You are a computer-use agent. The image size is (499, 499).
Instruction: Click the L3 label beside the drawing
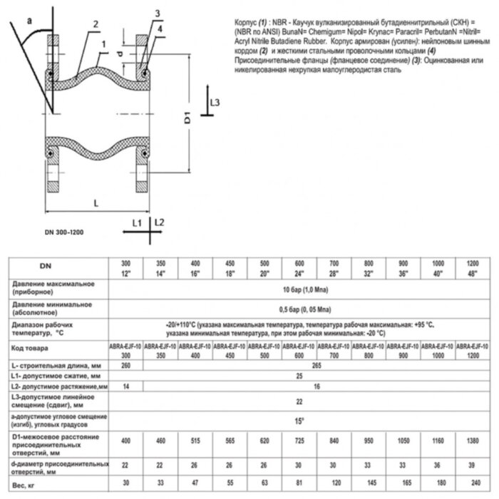pyautogui.click(x=216, y=104)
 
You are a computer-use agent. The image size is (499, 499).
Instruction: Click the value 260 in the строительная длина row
pyautogui.click(x=126, y=365)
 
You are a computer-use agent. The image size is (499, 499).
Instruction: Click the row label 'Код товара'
pyautogui.click(x=31, y=348)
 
